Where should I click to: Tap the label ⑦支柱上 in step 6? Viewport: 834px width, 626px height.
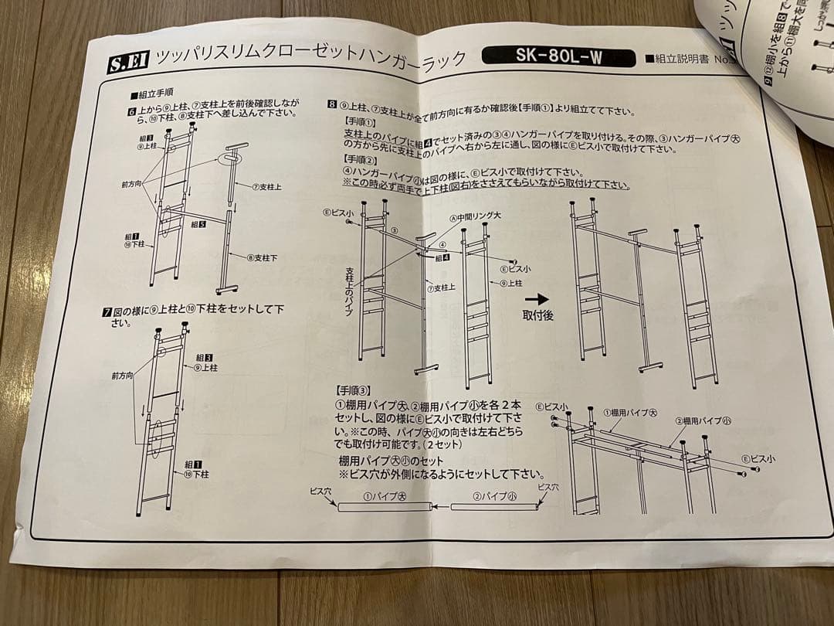pos(267,186)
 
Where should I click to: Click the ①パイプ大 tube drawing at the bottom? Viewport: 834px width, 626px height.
pos(384,507)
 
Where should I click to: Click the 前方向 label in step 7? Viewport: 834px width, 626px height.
pos(122,376)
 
